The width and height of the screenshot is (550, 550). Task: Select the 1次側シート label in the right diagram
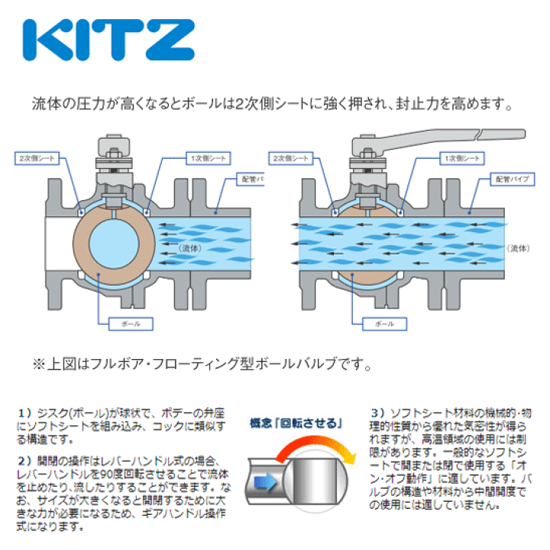point(461,159)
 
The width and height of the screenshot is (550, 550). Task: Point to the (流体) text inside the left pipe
point(190,249)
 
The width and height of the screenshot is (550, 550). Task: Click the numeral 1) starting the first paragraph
point(23,412)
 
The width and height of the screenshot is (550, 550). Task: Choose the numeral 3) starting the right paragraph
point(377,412)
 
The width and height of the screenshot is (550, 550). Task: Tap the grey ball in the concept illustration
point(309,480)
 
